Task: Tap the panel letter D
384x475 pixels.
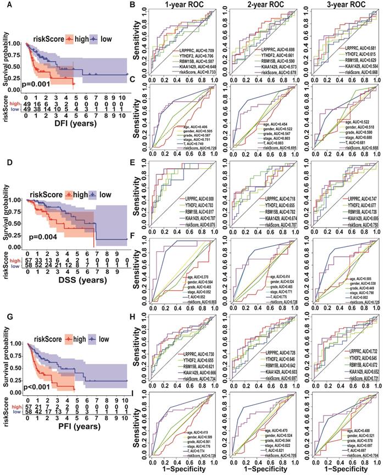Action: (5, 162)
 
